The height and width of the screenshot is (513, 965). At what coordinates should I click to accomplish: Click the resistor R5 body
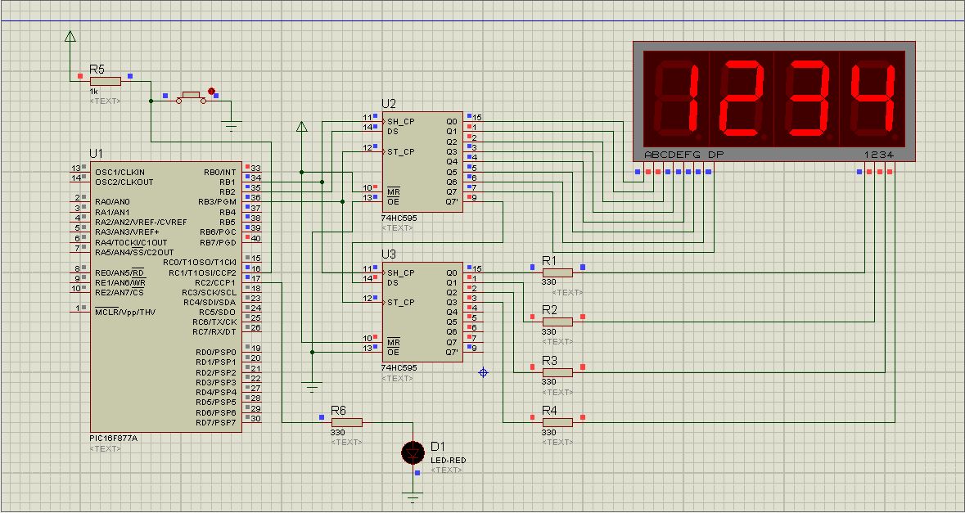pyautogui.click(x=106, y=81)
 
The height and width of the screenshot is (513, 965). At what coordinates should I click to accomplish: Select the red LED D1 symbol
pyautogui.click(x=413, y=453)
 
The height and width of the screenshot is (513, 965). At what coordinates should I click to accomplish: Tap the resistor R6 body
pyautogui.click(x=346, y=422)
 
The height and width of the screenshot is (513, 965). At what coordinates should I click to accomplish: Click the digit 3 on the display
pyautogui.click(x=808, y=98)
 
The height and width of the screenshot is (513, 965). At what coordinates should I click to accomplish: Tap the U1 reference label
pyautogui.click(x=97, y=152)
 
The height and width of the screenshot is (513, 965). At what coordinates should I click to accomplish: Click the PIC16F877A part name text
pyautogui.click(x=113, y=438)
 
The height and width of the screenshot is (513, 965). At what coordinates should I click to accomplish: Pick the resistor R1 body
pyautogui.click(x=557, y=272)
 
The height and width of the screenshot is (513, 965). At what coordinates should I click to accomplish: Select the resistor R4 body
pyautogui.click(x=557, y=422)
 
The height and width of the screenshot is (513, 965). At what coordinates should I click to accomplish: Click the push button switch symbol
pyautogui.click(x=192, y=97)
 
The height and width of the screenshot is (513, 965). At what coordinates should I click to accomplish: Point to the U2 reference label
pyautogui.click(x=388, y=103)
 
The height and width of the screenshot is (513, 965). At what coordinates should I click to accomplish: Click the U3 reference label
pyautogui.click(x=388, y=254)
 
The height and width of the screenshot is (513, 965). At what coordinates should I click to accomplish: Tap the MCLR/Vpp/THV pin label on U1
pyautogui.click(x=125, y=312)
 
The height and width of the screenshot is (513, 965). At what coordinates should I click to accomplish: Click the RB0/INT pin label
pyautogui.click(x=219, y=173)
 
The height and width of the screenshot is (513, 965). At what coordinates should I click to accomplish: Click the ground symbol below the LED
pyautogui.click(x=413, y=496)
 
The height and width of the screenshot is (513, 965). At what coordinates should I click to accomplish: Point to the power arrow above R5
pyautogui.click(x=70, y=37)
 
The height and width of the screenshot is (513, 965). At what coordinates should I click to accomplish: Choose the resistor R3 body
pyautogui.click(x=557, y=372)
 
